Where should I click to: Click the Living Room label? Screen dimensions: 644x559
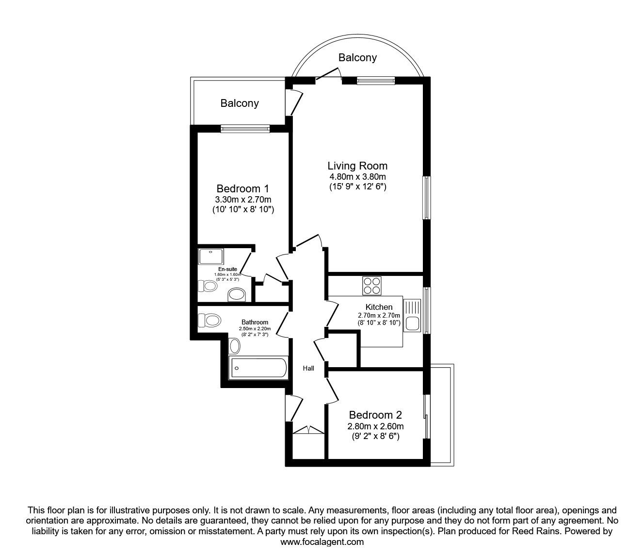pos(357,166)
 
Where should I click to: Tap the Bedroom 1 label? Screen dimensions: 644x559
pos(242,188)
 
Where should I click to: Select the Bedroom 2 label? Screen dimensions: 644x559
pos(375,415)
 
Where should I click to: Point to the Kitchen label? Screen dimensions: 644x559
pos(379,307)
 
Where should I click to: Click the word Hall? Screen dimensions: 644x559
pos(308,368)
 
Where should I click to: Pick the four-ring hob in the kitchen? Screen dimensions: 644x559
pos(371,286)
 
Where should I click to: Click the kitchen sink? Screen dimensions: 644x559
pos(412,315)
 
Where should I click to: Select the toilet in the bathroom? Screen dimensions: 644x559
pos(209,320)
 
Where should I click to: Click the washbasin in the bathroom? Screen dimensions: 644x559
pos(235,346)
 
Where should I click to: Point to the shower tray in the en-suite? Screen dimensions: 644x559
pos(211,256)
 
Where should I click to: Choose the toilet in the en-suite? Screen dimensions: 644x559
pos(208,286)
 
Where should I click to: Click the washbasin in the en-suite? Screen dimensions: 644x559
pos(237,295)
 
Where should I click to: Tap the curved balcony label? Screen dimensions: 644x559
pos(358,58)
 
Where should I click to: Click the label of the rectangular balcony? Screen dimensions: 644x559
pos(240,103)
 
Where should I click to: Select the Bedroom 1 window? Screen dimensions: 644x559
pos(245,128)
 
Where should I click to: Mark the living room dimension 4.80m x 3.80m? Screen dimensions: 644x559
pos(358,177)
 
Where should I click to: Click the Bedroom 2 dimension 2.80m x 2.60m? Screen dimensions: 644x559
pos(375,426)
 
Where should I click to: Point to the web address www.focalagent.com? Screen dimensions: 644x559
pos(322,542)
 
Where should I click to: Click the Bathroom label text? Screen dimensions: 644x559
pos(255,322)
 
